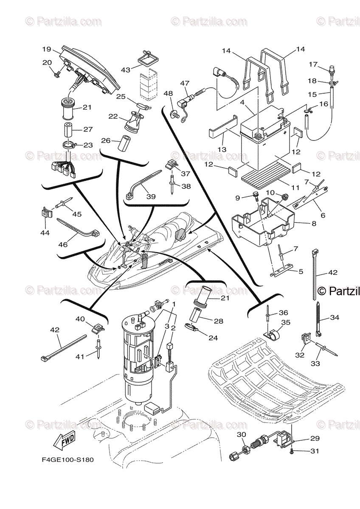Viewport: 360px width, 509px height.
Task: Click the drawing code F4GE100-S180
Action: tap(68, 459)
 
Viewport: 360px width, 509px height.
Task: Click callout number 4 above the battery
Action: tap(253, 102)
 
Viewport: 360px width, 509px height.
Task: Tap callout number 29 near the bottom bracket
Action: tap(315, 439)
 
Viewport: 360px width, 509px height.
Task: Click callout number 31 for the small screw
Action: tap(315, 451)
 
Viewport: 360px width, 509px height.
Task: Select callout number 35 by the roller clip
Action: tap(286, 322)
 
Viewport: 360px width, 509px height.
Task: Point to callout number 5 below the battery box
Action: tap(301, 270)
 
